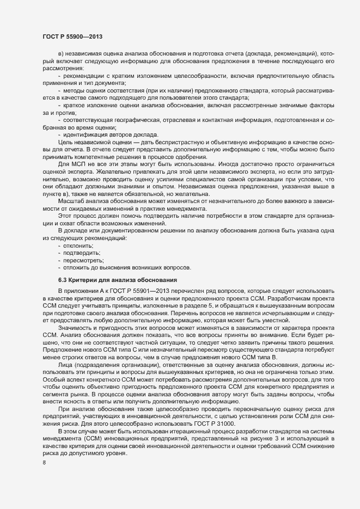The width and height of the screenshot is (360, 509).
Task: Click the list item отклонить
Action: [x=78, y=246]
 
